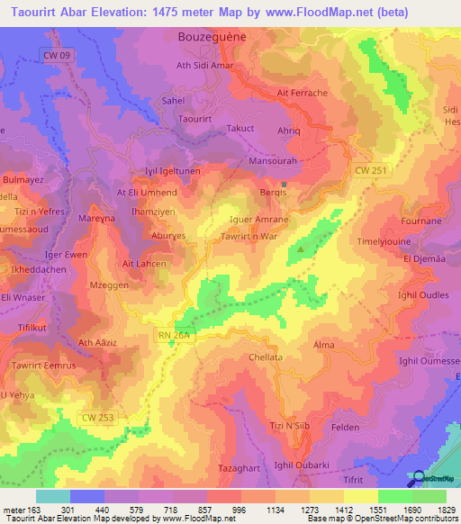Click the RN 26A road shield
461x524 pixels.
point(167,336)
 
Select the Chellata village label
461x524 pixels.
point(266,357)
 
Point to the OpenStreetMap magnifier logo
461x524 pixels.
point(419,479)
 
